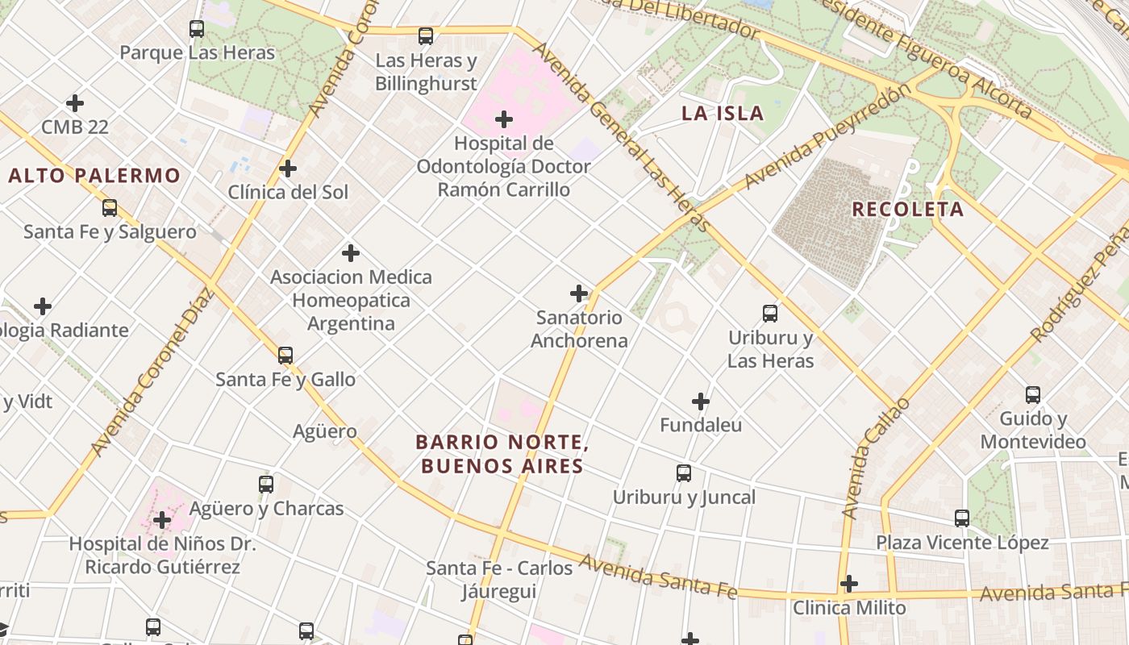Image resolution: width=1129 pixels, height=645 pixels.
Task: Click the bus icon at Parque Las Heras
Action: click(197, 29)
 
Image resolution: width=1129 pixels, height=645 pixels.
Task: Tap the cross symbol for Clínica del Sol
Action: click(288, 169)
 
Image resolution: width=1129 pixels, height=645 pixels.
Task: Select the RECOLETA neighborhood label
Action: click(907, 210)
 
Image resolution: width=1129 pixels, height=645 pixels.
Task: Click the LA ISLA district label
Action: click(723, 114)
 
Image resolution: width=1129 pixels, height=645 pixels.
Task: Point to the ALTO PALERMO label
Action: click(94, 176)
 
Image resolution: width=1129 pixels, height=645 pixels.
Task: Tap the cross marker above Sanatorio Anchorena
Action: click(579, 293)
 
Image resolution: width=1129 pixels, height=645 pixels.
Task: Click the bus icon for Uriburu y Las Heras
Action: click(770, 314)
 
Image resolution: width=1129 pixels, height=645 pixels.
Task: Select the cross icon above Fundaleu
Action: click(701, 401)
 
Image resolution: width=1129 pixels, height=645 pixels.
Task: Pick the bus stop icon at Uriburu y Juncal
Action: click(684, 473)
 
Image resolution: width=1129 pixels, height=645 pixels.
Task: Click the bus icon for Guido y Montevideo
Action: click(1033, 395)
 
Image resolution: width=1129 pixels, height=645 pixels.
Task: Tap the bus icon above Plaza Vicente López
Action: click(962, 518)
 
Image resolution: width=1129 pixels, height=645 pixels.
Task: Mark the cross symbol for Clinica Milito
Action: click(849, 584)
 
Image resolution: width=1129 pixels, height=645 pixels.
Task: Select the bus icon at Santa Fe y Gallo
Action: click(285, 356)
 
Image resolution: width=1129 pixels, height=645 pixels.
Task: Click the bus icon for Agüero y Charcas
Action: click(266, 485)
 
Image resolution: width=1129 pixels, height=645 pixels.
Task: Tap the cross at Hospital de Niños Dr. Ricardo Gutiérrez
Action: click(162, 520)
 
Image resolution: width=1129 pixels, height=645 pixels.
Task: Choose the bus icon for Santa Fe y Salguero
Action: click(110, 208)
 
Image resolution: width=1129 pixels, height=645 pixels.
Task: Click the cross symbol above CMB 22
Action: click(75, 103)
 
